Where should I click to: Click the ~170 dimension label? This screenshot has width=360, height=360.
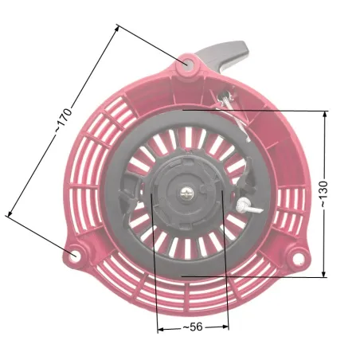pyautogui.click(x=64, y=120)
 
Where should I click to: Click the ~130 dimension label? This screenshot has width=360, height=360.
pyautogui.click(x=323, y=194)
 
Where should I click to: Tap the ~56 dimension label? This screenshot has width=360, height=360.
pyautogui.click(x=193, y=327)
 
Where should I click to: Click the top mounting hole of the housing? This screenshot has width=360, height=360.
pyautogui.click(x=187, y=63)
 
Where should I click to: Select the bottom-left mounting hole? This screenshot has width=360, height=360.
pyautogui.click(x=74, y=256)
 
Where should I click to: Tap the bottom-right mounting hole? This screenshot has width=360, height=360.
pyautogui.click(x=298, y=257)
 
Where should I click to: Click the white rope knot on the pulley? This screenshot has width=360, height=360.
pyautogui.click(x=243, y=205)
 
